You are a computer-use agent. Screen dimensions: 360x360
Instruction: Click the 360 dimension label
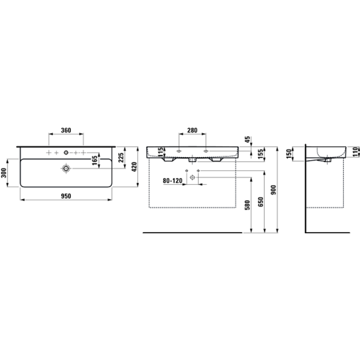(66, 130)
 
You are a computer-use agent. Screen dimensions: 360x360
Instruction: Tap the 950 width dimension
(66, 196)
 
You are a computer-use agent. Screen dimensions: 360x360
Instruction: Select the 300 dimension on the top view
(3, 173)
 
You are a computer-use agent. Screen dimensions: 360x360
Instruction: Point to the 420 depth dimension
(135, 166)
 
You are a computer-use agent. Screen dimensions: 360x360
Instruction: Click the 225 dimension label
(121, 157)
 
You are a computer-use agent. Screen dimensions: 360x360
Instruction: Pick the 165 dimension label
(95, 161)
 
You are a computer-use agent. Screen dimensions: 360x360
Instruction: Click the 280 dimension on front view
(192, 130)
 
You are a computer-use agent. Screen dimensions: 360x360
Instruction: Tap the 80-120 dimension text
(172, 181)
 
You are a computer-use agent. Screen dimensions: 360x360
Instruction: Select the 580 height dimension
(247, 205)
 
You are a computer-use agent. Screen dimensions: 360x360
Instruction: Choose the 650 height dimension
(260, 202)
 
